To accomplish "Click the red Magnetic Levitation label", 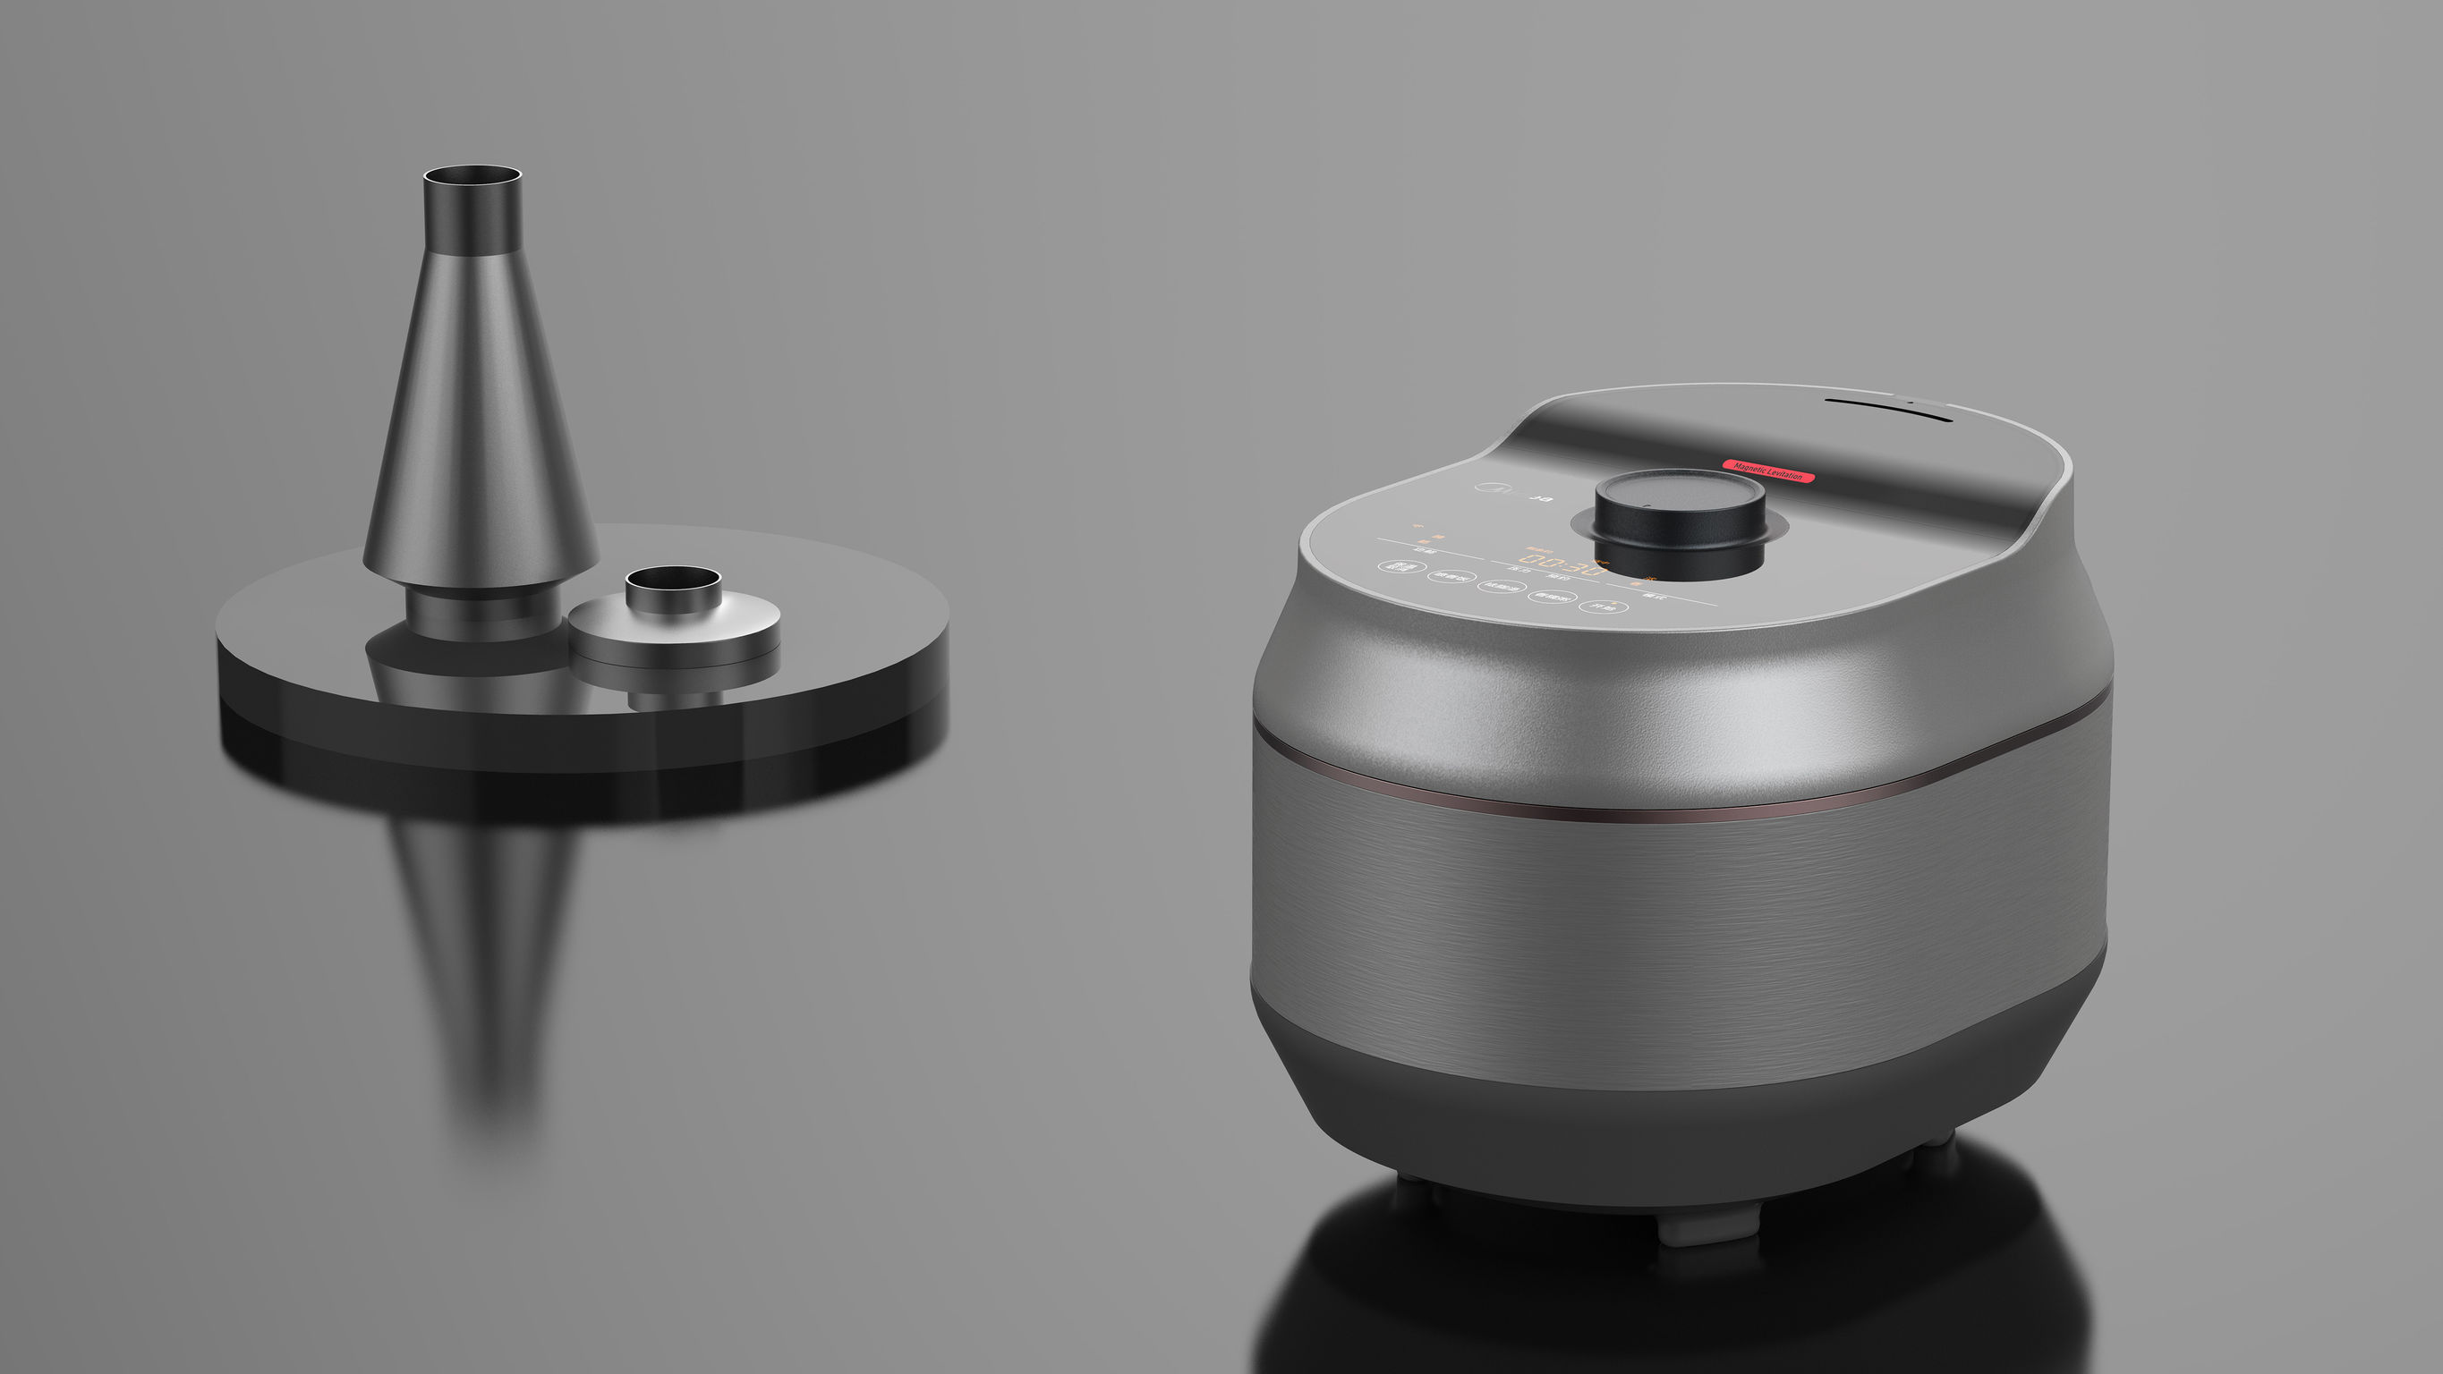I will click(1768, 471).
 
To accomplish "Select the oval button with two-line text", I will click(1400, 567).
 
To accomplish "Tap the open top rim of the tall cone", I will click(472, 175).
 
